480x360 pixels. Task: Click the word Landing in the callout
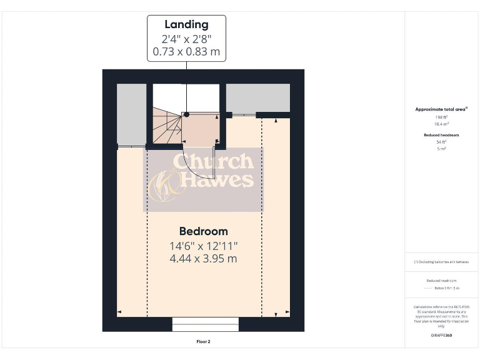[x=186, y=25]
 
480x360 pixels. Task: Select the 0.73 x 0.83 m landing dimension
[x=186, y=51]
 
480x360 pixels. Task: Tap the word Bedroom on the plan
[x=204, y=231]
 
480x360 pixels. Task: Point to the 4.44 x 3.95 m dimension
[x=204, y=258]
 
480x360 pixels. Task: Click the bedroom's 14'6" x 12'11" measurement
[x=204, y=246]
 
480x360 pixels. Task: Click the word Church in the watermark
[x=212, y=161]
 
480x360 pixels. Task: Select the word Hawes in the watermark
[x=216, y=180]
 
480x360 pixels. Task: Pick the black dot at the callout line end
[x=186, y=114]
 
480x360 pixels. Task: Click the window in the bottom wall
[x=205, y=324]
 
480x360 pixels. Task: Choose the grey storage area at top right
[x=257, y=97]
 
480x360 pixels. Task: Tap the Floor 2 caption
[x=203, y=342]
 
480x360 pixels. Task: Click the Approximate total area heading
[x=441, y=109]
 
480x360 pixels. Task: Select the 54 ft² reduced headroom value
[x=441, y=142]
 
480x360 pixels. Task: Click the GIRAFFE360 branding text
[x=441, y=336]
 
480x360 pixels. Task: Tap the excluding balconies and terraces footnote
[x=441, y=262]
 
